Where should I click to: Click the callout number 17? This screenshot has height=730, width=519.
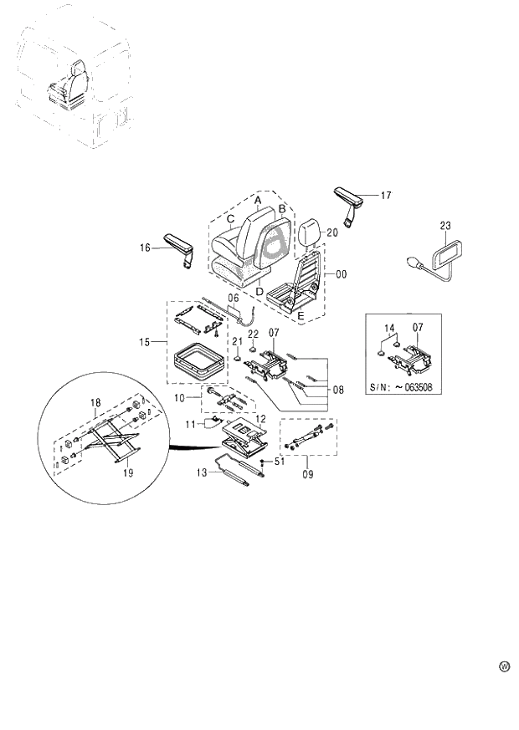coord(385,196)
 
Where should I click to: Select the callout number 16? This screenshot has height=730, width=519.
coord(146,248)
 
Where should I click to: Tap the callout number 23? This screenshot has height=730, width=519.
coord(444,225)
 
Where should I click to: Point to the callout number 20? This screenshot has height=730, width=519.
coord(331,233)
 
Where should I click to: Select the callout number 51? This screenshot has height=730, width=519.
coord(279,461)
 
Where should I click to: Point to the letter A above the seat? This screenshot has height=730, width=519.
coord(258,201)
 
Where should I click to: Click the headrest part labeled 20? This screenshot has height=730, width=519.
coord(307,232)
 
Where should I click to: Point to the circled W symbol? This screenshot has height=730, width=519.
coord(504,666)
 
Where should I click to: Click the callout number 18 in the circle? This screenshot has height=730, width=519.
coord(95,402)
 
